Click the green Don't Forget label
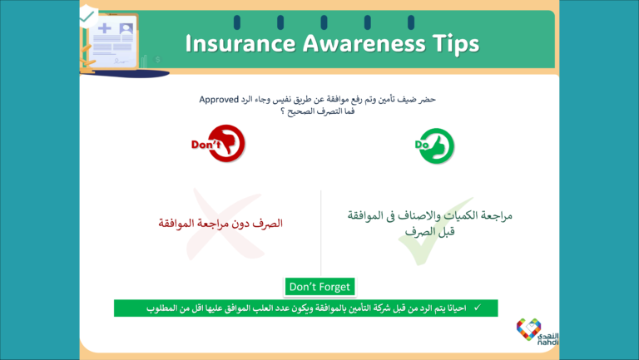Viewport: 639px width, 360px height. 319,287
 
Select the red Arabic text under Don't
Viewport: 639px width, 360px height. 220,224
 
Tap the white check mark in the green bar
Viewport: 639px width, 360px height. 476,308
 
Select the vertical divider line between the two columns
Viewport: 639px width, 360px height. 321,234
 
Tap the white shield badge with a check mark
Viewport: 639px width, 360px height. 87,16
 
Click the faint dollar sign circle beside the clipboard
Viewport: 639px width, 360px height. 157,60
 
